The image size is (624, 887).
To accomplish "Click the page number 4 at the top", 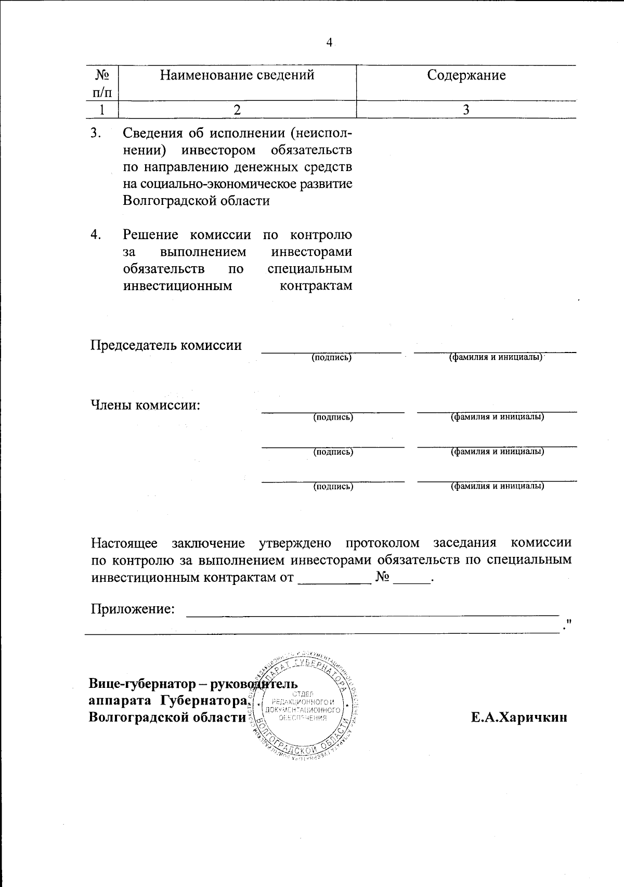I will coord(329,43).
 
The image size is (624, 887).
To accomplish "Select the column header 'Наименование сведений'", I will coord(237,75).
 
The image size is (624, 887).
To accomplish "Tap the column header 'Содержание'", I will coord(466,75).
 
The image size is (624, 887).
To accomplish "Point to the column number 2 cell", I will coord(237,110).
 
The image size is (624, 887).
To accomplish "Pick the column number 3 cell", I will coord(466,110).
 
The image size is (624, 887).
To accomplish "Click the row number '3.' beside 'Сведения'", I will coord(96,133).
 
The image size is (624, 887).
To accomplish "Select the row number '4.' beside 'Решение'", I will coord(96,234).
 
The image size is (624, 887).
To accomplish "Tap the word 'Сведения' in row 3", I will coord(153,133).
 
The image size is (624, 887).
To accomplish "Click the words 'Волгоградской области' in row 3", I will coord(196,201).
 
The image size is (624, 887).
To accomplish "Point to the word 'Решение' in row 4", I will coord(150,234).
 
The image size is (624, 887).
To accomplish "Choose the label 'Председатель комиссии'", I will coord(166,345).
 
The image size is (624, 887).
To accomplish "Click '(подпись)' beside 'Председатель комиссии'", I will coord(332,358).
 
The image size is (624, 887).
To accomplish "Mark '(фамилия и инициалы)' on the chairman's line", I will coord(496,358).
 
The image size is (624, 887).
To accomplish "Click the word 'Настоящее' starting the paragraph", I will coord(124,543).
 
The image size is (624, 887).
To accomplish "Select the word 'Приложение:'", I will coord(133,609).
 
